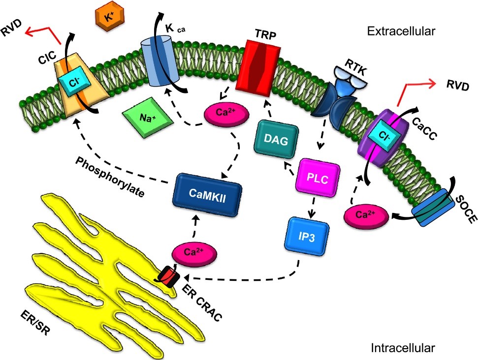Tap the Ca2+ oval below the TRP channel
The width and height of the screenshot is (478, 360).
(220, 113)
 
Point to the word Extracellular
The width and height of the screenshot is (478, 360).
(401, 32)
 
